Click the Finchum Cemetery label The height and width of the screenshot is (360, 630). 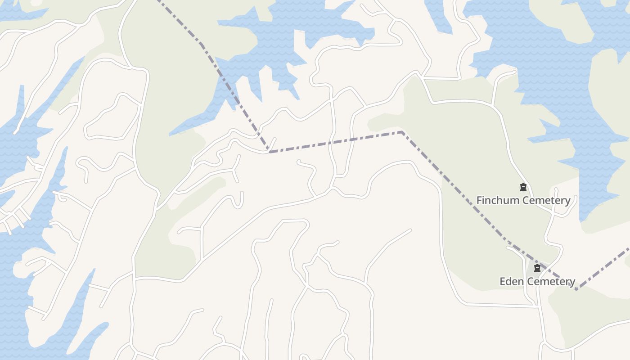523,200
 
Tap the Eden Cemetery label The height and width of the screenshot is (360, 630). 537,282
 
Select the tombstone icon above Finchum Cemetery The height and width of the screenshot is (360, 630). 523,187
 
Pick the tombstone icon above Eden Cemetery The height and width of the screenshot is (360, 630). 537,269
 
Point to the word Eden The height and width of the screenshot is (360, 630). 511,282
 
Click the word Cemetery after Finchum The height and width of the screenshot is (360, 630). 547,200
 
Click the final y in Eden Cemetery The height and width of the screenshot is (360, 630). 572,283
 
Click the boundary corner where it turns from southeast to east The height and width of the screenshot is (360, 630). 269,152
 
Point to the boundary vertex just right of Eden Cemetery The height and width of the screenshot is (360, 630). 576,289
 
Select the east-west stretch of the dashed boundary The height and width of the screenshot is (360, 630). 335,142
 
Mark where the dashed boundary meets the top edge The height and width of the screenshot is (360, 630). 157,1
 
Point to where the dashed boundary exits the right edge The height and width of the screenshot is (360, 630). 629,248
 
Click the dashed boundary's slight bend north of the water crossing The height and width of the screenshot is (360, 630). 200,44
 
